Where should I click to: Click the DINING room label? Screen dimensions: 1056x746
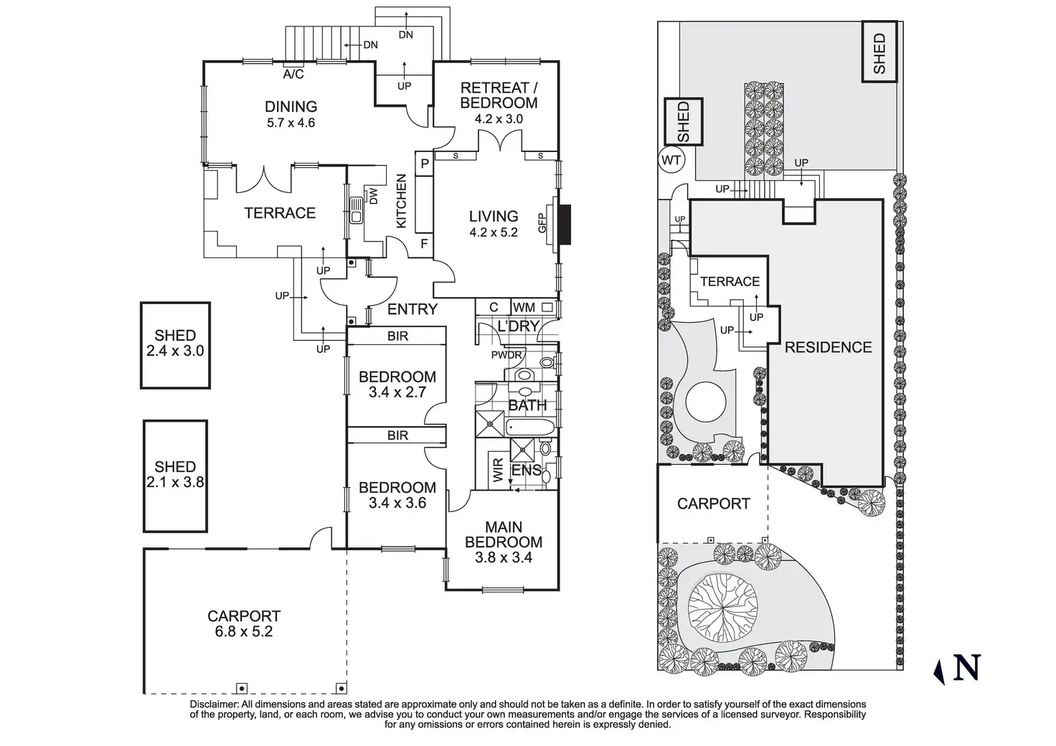coord(291,106)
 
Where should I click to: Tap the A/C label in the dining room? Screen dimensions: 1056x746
coord(293,74)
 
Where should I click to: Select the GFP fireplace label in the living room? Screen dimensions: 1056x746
coord(542,223)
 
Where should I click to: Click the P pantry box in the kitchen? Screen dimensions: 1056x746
coord(424,164)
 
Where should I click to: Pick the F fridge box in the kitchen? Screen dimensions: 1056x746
coord(424,244)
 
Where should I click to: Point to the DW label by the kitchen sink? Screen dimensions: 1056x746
coord(373,196)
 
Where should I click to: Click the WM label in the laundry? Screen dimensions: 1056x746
coord(524,308)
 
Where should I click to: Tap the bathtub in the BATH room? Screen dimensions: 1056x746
coord(530,428)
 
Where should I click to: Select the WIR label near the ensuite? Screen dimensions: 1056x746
coord(499,470)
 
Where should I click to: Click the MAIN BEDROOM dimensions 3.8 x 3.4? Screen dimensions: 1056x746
coord(504,557)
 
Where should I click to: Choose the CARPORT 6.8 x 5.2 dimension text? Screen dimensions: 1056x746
coord(244,631)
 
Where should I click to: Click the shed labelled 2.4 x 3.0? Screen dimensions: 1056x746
coord(175,346)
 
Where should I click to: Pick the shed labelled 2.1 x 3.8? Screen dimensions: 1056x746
coord(175,476)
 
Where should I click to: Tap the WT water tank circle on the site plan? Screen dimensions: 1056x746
coord(671,160)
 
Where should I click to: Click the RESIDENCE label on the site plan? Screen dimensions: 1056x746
coord(828,347)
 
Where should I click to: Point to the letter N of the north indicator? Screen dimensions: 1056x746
coord(967,667)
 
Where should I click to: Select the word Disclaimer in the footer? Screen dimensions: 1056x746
coord(214,704)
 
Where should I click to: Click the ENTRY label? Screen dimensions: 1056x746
coord(412,309)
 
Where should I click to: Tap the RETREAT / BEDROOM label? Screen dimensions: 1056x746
coord(499,95)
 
